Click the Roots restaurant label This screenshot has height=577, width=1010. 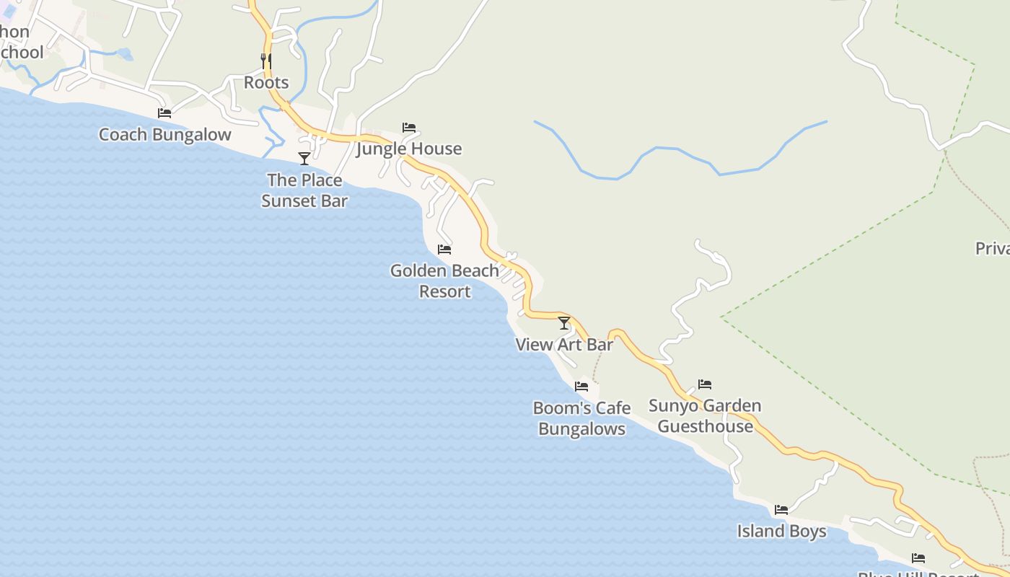[x=266, y=82]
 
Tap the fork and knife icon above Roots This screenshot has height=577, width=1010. [x=266, y=61]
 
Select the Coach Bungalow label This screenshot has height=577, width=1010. [x=164, y=134]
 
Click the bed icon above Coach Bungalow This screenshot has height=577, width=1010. [x=164, y=113]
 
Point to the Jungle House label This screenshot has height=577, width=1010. [x=409, y=149]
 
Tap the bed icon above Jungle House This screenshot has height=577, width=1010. [x=409, y=127]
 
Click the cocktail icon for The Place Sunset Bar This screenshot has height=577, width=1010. [x=304, y=158]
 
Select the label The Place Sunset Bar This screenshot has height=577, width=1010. [x=304, y=190]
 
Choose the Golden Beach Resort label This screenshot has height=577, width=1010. [x=444, y=281]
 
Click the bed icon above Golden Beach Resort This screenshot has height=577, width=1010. [x=444, y=250]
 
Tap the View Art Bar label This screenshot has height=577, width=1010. [x=564, y=345]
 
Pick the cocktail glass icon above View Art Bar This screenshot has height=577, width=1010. [x=564, y=322]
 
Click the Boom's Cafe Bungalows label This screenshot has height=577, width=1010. [x=581, y=418]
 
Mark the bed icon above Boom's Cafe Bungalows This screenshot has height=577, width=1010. [x=581, y=387]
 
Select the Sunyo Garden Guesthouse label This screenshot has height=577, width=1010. [x=705, y=415]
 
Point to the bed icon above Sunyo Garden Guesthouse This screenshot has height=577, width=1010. [x=705, y=384]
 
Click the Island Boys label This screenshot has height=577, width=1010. [x=781, y=532]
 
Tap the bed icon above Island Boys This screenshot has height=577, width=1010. [x=781, y=510]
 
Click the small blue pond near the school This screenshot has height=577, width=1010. [x=124, y=53]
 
